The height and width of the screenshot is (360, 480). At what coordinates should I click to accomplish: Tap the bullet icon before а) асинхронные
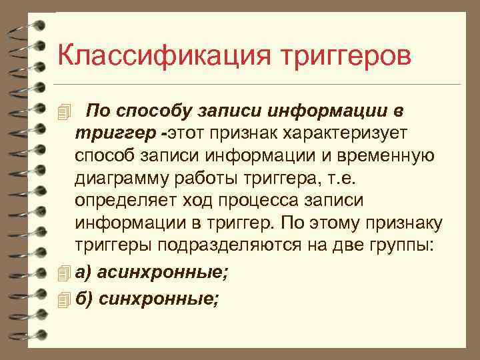[63, 273]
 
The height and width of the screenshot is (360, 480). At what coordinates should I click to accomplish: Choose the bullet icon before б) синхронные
[63, 299]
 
